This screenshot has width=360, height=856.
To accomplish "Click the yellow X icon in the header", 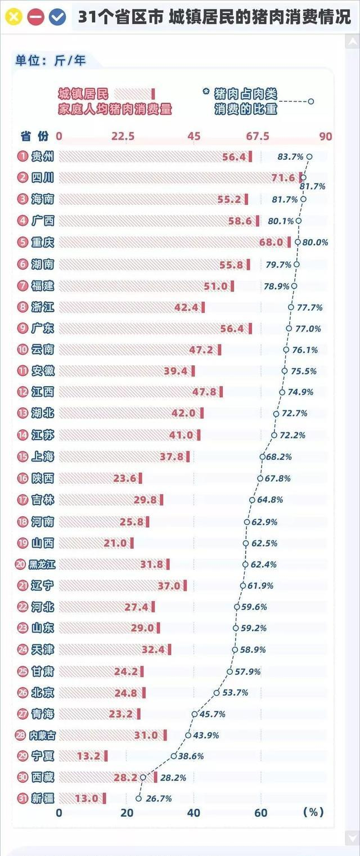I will tap(13, 17).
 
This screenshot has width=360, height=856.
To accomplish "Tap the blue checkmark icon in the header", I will tap(57, 17).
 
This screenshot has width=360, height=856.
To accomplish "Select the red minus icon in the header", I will tap(35, 17).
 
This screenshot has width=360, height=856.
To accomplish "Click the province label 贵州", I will tap(43, 156).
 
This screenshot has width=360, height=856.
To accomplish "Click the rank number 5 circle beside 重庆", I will tap(22, 243).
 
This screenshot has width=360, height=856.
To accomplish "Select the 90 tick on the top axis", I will tap(325, 136).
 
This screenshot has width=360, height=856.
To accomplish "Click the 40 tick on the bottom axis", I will tap(194, 813).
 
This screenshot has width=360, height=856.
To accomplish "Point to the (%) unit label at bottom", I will tap(313, 813).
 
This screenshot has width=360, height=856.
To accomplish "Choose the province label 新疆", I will tap(43, 798).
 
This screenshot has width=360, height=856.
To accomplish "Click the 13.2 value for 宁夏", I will tap(88, 756).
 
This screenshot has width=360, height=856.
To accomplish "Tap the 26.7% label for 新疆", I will tap(158, 798).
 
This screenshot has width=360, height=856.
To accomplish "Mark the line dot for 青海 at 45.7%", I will tap(195, 714).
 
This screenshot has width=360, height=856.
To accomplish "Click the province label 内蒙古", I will tap(43, 735).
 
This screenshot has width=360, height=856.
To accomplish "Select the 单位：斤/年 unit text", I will tap(51, 60).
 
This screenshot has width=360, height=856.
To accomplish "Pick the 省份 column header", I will tap(35, 136).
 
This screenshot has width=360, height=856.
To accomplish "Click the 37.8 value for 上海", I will tap(172, 456).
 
